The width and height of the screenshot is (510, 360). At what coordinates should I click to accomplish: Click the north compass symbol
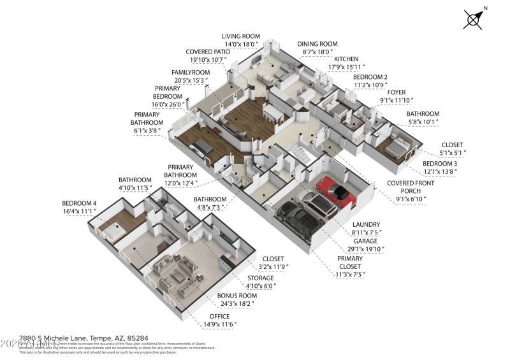point(474,19)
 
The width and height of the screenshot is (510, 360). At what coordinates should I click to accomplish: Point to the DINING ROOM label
point(317,45)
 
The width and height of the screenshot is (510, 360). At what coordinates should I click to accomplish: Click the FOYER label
point(397,92)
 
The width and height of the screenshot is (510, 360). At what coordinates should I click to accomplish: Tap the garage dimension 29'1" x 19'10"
point(365,249)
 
